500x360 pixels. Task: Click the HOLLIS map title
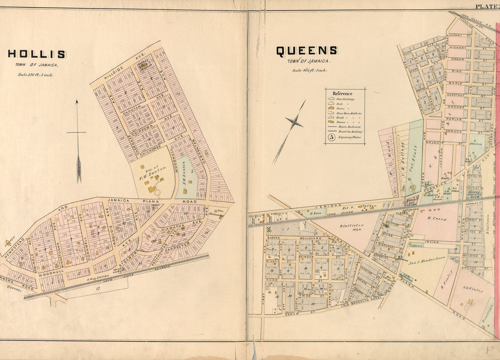37,54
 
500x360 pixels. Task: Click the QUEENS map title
306,51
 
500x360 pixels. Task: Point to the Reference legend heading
342,93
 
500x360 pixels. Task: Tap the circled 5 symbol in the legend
331,138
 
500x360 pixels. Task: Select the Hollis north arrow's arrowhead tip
77,102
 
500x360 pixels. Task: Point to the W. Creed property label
437,220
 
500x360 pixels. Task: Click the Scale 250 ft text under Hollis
36,75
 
